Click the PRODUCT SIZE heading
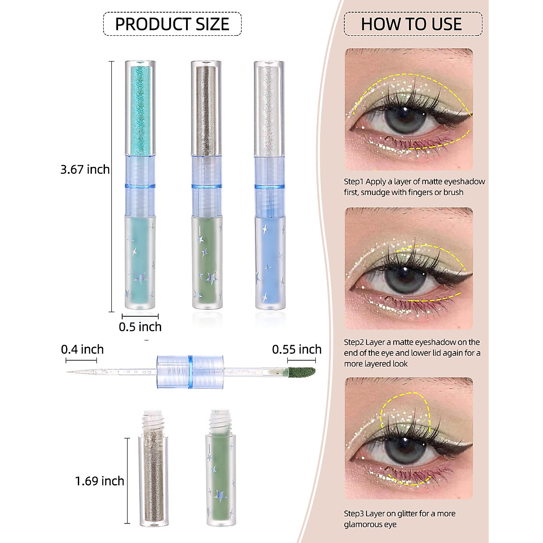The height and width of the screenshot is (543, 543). click(x=172, y=24)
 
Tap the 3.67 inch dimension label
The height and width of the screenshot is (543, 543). click(x=85, y=169)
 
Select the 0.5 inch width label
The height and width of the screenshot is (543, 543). click(x=140, y=327)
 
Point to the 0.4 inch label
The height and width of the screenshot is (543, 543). click(x=82, y=349)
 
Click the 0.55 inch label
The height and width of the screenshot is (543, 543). click(x=296, y=349)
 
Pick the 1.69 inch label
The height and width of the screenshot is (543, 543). click(x=100, y=481)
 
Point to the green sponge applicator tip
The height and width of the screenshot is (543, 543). click(x=302, y=372)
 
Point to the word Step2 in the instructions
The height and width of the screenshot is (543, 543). click(x=353, y=342)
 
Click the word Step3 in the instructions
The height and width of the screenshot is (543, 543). click(x=353, y=514)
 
